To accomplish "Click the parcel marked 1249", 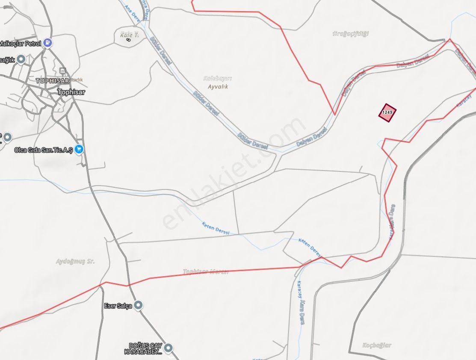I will pyautogui.click(x=387, y=112).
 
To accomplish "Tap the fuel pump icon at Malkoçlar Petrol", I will pyautogui.click(x=48, y=43).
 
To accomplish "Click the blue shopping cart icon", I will pyautogui.click(x=79, y=150).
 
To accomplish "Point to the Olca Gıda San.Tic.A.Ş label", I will pyautogui.click(x=43, y=150).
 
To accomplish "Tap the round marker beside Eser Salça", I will pyautogui.click(x=138, y=305).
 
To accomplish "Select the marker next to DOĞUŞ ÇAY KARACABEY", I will pyautogui.click(x=169, y=348).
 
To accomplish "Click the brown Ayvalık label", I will pyautogui.click(x=218, y=87).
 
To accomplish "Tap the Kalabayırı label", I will pyautogui.click(x=217, y=79).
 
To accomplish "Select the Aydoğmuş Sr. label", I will pyautogui.click(x=75, y=261).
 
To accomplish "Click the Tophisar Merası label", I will pyautogui.click(x=206, y=271).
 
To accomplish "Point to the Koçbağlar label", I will pyautogui.click(x=376, y=345).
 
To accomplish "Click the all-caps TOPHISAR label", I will pyautogui.click(x=53, y=81).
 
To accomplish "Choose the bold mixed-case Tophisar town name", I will pyautogui.click(x=71, y=92).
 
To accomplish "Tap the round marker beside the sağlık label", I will pyautogui.click(x=21, y=59).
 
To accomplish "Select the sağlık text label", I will pyautogui.click(x=7, y=60).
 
